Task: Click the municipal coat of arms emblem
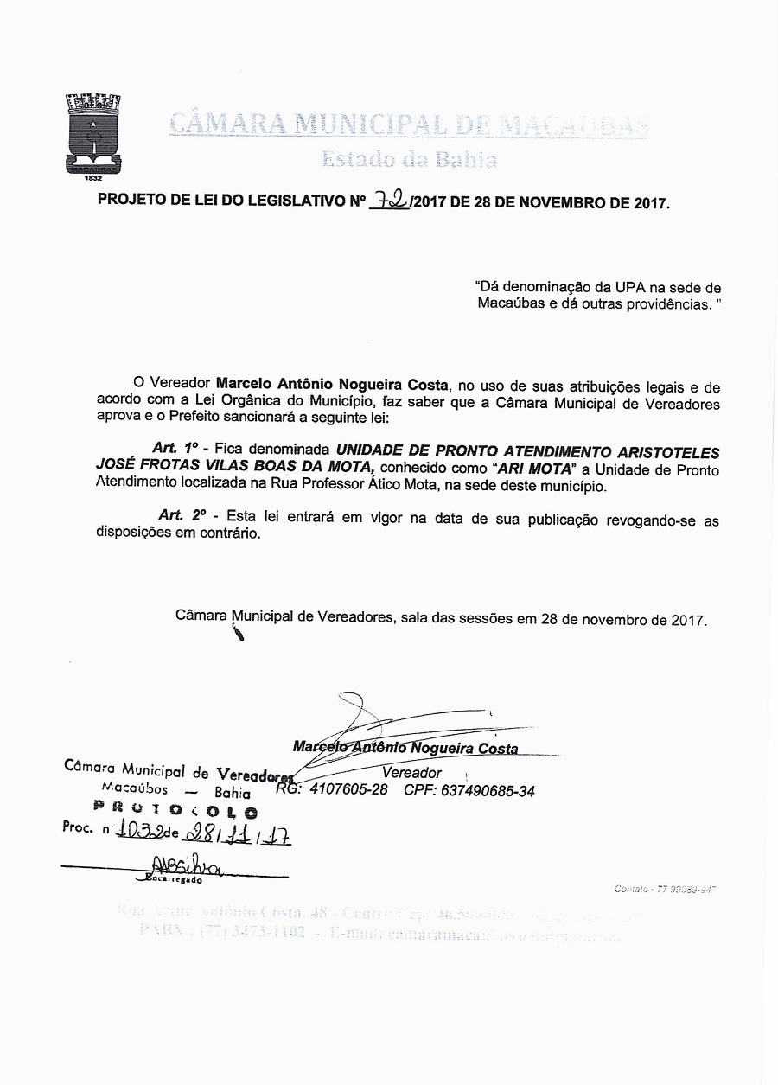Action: [x=94, y=137]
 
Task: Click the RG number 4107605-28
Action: [x=348, y=790]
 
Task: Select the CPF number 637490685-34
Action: [x=488, y=790]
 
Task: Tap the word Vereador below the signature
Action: [x=411, y=773]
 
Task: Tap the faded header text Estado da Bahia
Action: [x=409, y=160]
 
